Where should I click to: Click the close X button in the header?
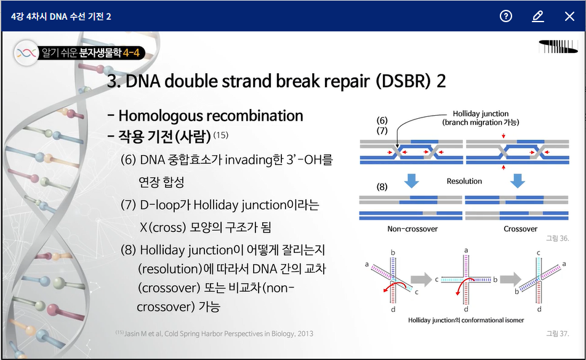point(569,16)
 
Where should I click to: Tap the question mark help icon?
point(505,16)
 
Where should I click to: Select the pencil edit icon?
point(537,17)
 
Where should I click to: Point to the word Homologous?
point(160,116)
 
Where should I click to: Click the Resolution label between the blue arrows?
point(464,181)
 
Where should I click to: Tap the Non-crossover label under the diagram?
point(412,229)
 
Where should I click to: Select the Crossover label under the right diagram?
point(520,229)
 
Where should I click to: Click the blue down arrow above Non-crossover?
point(411,181)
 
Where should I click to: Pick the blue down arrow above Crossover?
point(518,181)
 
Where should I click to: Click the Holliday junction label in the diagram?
point(481,113)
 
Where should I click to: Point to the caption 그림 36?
point(557,238)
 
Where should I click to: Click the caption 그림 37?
point(557,334)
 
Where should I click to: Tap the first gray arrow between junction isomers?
point(421,279)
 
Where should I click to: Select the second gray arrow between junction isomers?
point(510,279)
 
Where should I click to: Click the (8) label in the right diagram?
point(382,186)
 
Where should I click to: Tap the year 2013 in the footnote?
point(305,334)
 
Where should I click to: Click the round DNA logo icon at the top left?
point(26,53)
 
